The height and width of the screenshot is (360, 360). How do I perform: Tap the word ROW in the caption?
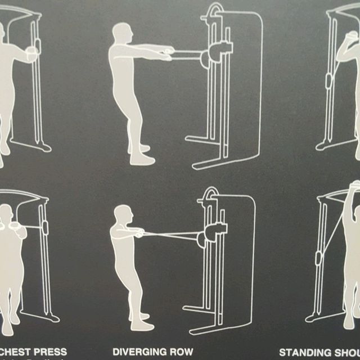pyautogui.click(x=181, y=352)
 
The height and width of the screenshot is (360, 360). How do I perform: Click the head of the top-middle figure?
pyautogui.click(x=123, y=34)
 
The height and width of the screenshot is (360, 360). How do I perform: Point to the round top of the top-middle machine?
pyautogui.click(x=216, y=10)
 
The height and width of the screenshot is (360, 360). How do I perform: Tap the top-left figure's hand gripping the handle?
pyautogui.click(x=33, y=53)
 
